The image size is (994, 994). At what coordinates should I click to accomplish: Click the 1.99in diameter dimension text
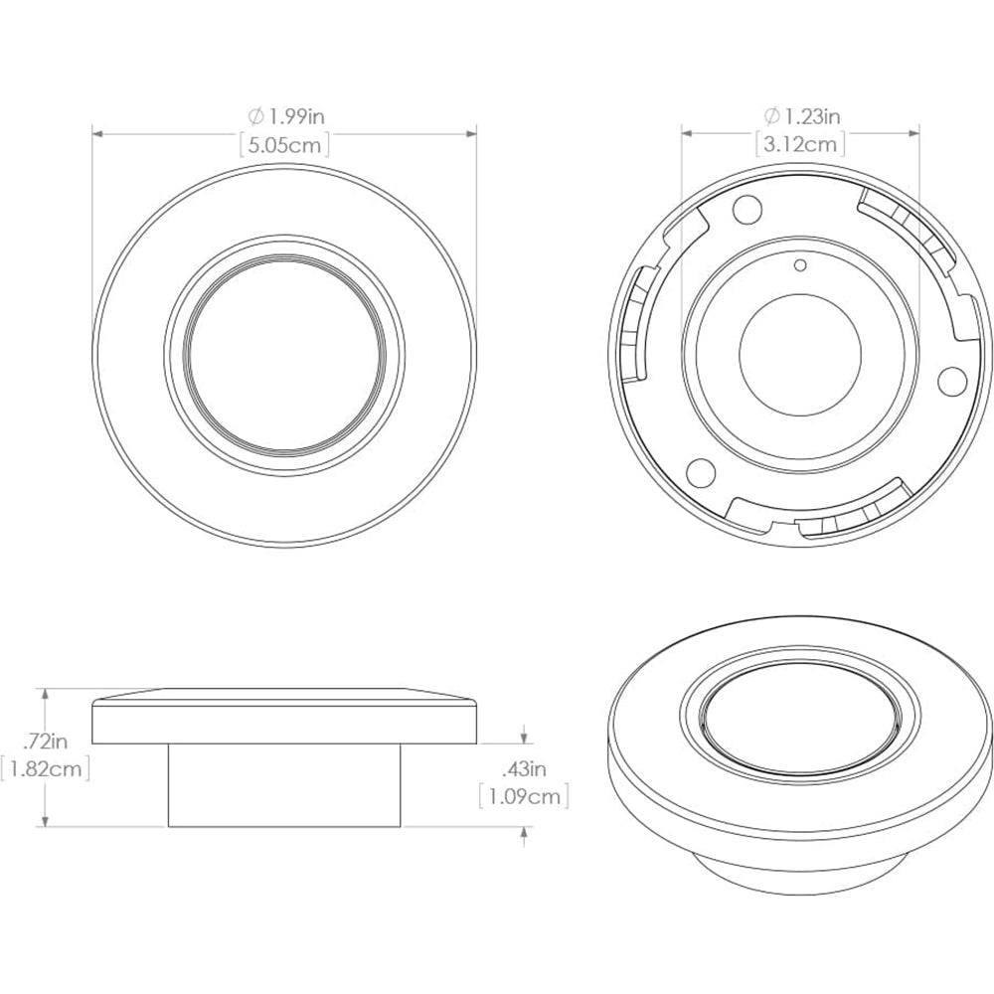pyautogui.click(x=292, y=116)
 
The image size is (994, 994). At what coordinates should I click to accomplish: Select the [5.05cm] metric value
pyautogui.click(x=285, y=144)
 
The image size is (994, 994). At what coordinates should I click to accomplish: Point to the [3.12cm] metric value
pyautogui.click(x=799, y=144)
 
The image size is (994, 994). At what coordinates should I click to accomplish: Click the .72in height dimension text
pyautogui.click(x=46, y=741)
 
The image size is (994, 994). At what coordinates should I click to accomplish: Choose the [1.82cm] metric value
pyautogui.click(x=46, y=768)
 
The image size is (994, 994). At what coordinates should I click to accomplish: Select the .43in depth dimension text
pyautogui.click(x=524, y=768)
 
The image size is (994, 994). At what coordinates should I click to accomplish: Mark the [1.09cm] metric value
pyautogui.click(x=524, y=796)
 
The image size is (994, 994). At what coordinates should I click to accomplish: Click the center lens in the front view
pyautogui.click(x=285, y=356)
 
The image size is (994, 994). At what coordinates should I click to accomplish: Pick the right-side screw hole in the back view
pyautogui.click(x=951, y=379)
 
